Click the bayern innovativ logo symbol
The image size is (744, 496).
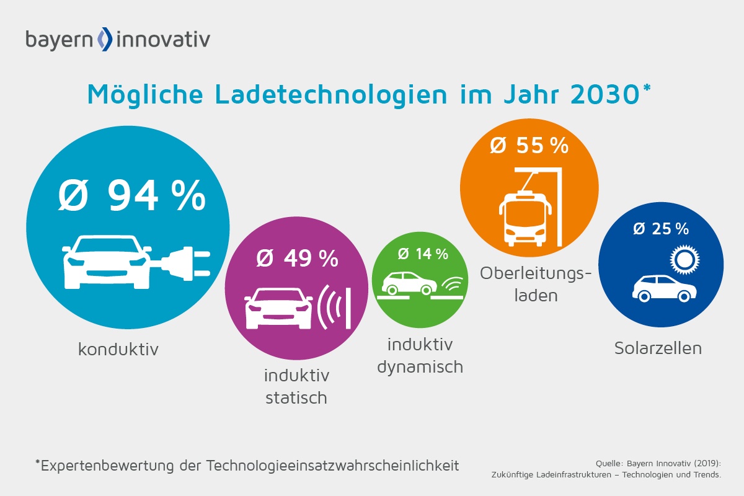[x=106, y=39]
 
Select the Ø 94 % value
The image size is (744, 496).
[x=131, y=195]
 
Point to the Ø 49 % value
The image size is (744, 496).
[x=297, y=259]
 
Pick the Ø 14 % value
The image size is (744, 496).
[x=422, y=254]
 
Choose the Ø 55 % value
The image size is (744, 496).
[x=529, y=146]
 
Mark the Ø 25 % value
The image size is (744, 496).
[x=660, y=229]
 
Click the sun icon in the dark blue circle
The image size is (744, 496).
[x=683, y=261]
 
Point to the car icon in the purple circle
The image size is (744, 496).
[x=278, y=308]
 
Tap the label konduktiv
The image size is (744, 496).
[x=118, y=350]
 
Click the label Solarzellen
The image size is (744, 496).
[x=658, y=348]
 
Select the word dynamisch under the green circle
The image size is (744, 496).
[x=420, y=366]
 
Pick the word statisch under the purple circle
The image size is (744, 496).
[x=296, y=397]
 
